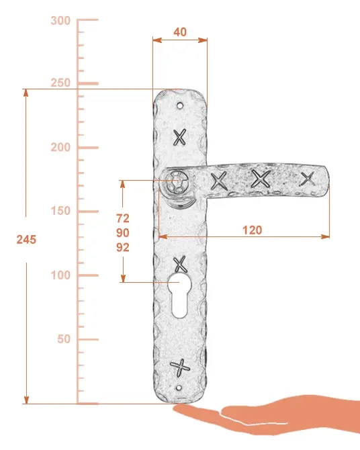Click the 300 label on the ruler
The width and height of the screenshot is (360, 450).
[60, 21]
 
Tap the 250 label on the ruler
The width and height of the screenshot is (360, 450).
[60, 83]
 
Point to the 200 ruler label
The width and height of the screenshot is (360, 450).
[60, 147]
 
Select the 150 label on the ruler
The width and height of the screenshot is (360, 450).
[60, 211]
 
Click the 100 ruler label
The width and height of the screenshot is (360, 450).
[60, 275]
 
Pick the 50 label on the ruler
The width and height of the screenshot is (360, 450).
[64, 339]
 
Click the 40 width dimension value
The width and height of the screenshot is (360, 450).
[180, 32]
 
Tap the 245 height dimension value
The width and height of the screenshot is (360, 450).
[26, 240]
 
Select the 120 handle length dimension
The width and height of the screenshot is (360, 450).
[253, 230]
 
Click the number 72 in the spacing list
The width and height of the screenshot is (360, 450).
[123, 218]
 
